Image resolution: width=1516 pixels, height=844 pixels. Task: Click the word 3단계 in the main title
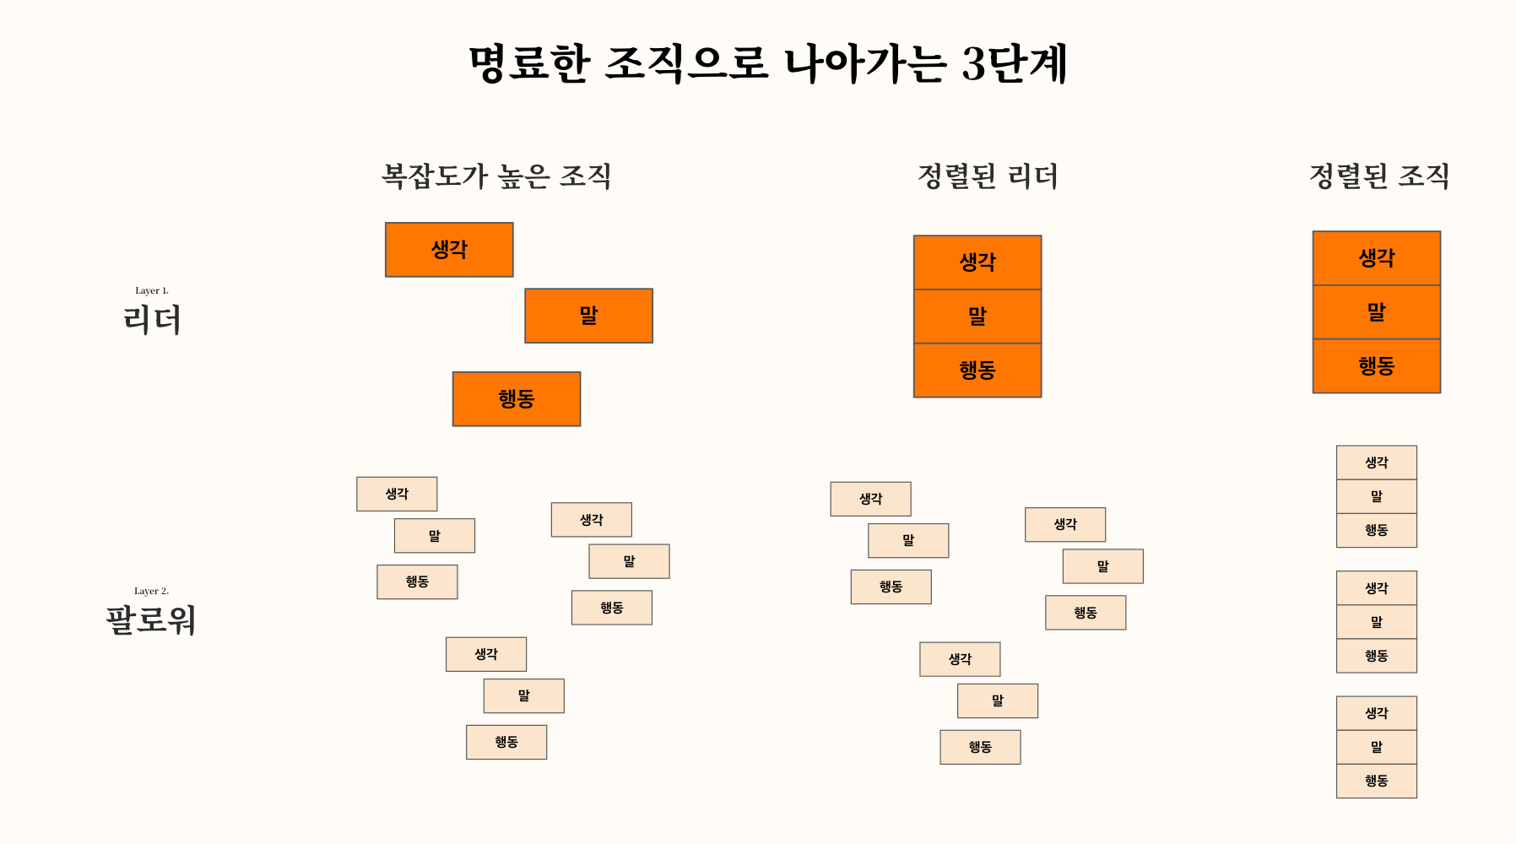click(x=1015, y=63)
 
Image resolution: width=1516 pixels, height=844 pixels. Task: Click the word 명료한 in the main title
click(x=529, y=63)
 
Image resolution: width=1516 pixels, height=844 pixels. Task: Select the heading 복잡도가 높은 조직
click(x=496, y=176)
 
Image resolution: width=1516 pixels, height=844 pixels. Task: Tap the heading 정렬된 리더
click(x=988, y=176)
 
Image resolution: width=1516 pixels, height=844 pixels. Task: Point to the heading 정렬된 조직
click(x=1379, y=176)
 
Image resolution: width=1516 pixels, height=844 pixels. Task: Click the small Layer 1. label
click(x=152, y=290)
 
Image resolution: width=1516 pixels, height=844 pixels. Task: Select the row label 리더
click(x=152, y=320)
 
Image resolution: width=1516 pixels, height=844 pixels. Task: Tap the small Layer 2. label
click(x=152, y=591)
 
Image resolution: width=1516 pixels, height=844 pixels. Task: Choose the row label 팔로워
click(x=151, y=620)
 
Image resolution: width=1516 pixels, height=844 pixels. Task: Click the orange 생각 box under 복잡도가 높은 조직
click(x=449, y=250)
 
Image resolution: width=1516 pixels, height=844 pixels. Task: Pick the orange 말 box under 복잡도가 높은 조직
click(x=588, y=316)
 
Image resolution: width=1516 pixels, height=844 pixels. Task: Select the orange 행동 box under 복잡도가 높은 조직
click(x=517, y=398)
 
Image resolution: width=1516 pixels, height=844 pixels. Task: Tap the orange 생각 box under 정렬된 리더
click(x=977, y=262)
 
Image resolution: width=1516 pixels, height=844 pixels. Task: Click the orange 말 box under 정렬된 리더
click(x=977, y=316)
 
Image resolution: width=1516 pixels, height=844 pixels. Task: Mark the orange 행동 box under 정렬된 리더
click(x=977, y=371)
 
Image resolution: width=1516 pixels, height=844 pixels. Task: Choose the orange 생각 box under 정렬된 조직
click(x=1377, y=258)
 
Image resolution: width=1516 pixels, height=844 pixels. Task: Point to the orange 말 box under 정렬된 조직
click(x=1377, y=312)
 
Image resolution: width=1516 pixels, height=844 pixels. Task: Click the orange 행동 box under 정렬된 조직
click(x=1377, y=366)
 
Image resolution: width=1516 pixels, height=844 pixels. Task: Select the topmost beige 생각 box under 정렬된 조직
click(x=1377, y=463)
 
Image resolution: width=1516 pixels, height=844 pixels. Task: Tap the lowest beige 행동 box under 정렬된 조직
click(x=1377, y=781)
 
